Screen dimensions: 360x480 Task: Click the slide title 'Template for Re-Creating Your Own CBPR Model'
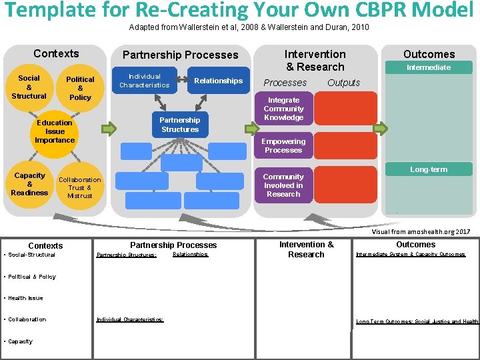239,11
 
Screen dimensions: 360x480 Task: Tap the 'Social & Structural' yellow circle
29,87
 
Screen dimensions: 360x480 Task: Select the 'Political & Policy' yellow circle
80,88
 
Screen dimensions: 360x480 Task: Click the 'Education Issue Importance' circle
55,131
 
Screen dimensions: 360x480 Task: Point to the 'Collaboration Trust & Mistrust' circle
80,187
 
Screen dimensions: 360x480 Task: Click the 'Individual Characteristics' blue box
145,81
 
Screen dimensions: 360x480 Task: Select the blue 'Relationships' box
218,81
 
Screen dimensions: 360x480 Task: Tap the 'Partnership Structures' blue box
179,125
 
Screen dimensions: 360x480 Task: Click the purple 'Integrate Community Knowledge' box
283,109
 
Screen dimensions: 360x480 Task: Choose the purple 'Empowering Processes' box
283,145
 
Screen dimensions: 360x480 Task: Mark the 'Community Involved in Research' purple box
283,185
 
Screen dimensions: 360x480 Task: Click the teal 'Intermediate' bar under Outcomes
429,67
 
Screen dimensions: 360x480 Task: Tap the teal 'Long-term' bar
429,169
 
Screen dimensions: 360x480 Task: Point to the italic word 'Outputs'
343,83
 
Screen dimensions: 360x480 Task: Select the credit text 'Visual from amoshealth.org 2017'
421,231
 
